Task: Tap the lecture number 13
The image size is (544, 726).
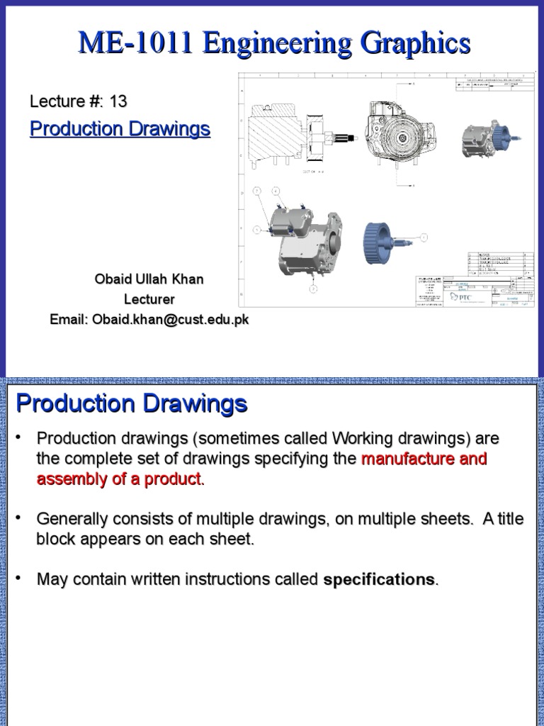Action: click(118, 101)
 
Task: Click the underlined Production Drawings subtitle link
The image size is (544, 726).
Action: click(120, 129)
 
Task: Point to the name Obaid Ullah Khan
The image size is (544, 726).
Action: click(149, 279)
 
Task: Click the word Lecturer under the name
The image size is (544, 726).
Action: click(149, 299)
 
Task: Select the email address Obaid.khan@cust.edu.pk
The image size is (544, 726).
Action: click(169, 320)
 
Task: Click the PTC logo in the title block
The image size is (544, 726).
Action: click(460, 296)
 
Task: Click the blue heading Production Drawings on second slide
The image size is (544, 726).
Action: click(132, 404)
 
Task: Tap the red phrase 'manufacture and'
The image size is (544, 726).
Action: click(424, 459)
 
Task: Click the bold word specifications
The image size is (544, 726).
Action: click(379, 579)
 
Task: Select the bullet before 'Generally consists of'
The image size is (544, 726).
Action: click(19, 519)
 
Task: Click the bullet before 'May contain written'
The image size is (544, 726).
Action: click(19, 579)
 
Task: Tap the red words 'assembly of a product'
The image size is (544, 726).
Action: click(118, 479)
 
